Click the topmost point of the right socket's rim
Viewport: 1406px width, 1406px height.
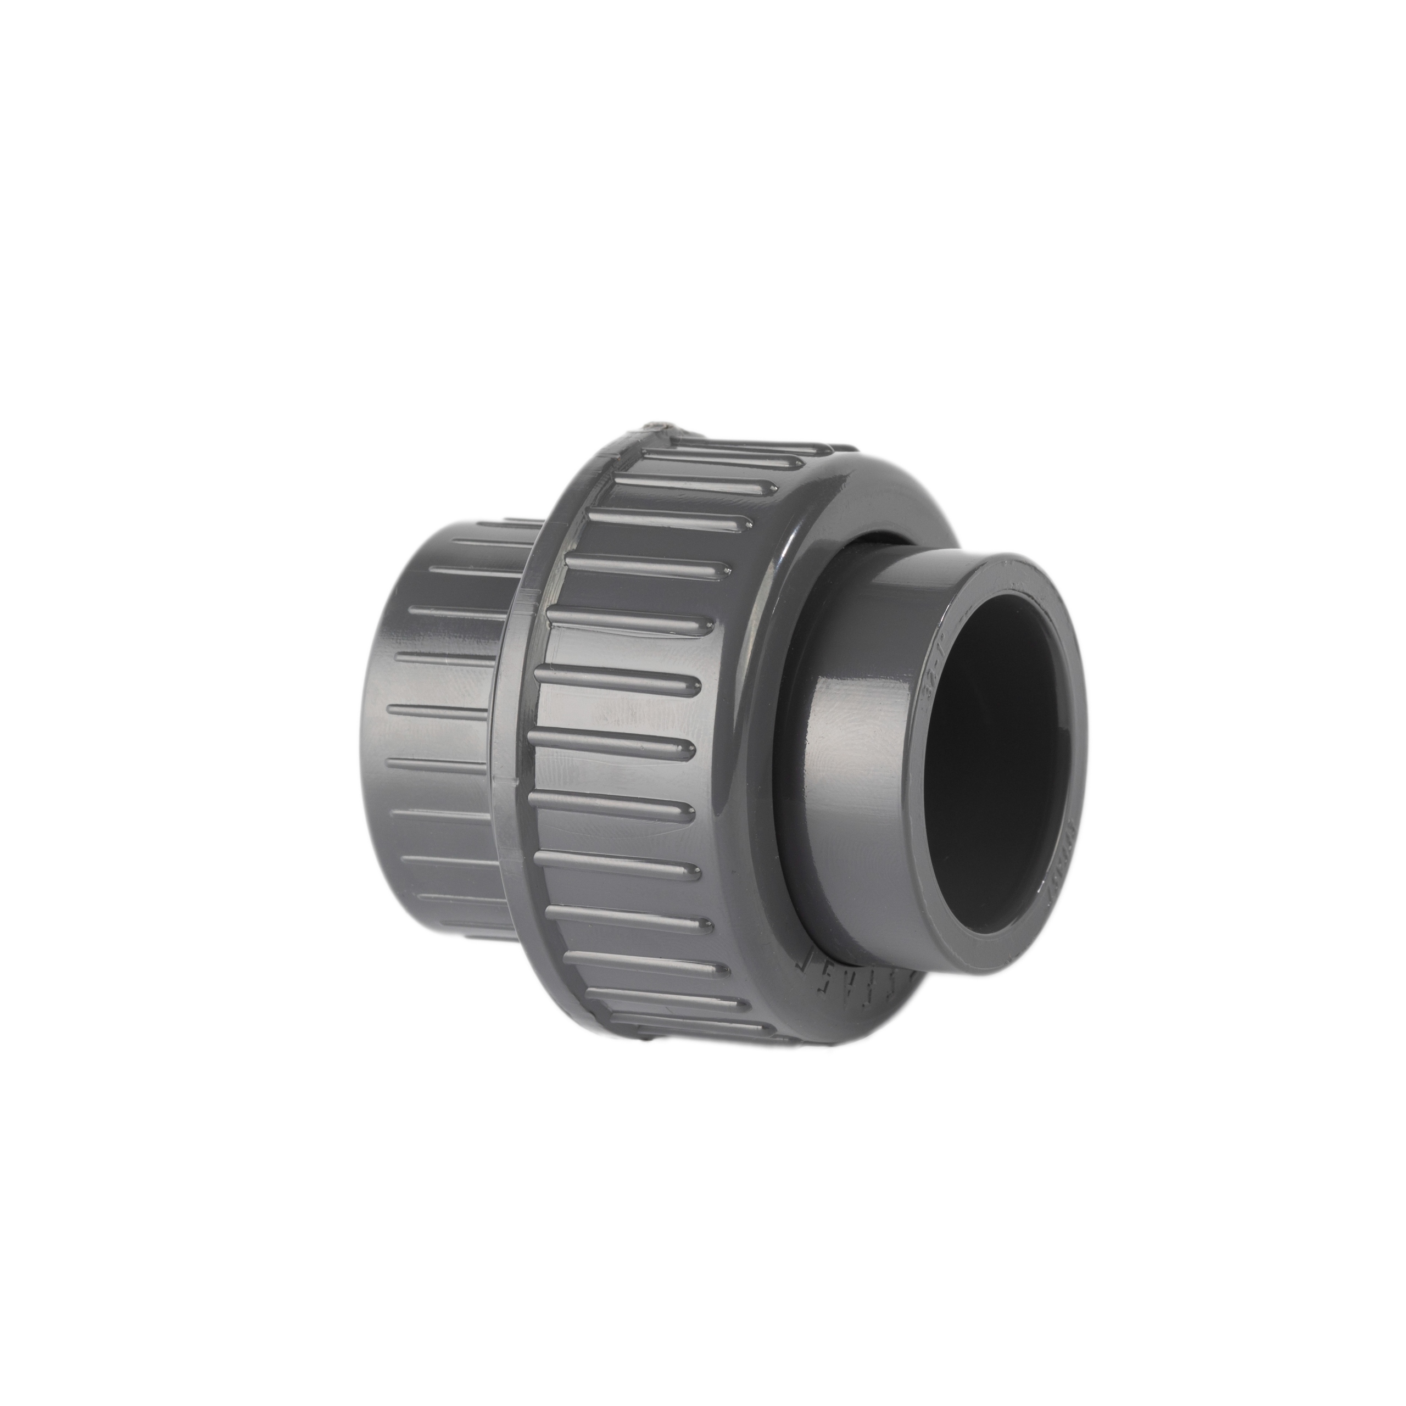(x=1012, y=555)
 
